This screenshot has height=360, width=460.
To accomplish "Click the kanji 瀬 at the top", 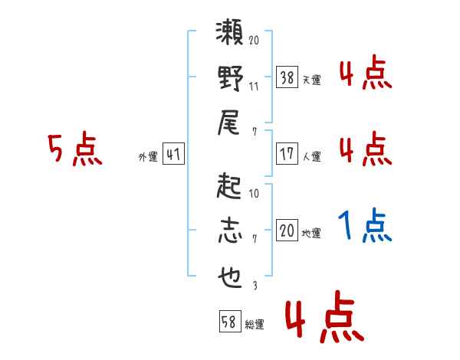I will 230,34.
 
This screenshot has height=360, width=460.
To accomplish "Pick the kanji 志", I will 230,231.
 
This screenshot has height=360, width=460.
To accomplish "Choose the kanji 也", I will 230,277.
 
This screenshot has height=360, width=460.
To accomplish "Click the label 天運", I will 311,79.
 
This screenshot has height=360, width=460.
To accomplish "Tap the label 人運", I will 311,156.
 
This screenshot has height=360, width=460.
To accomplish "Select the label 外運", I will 147,156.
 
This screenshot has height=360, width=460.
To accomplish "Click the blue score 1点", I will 365,226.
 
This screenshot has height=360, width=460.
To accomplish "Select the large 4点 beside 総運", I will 324,319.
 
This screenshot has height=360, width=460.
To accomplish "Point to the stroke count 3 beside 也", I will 253,286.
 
